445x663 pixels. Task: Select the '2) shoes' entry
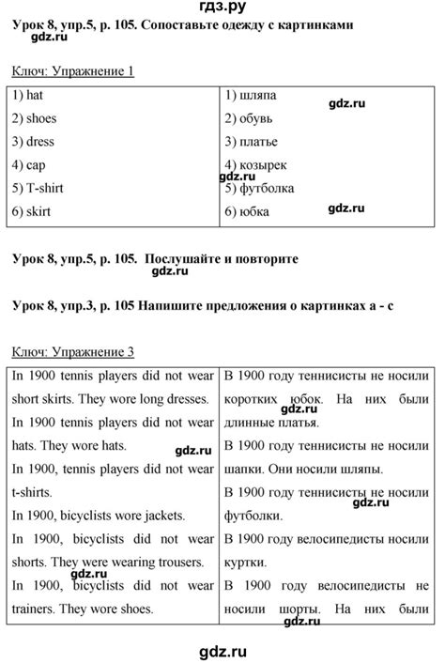[35, 119]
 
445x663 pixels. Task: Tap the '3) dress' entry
[34, 143]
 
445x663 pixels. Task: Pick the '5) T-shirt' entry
[38, 189]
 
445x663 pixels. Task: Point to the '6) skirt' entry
[32, 212]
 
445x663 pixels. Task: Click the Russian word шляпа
[258, 96]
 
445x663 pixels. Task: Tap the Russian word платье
[260, 143]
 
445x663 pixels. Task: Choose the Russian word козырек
[264, 165]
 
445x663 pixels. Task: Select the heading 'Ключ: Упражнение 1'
[73, 71]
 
